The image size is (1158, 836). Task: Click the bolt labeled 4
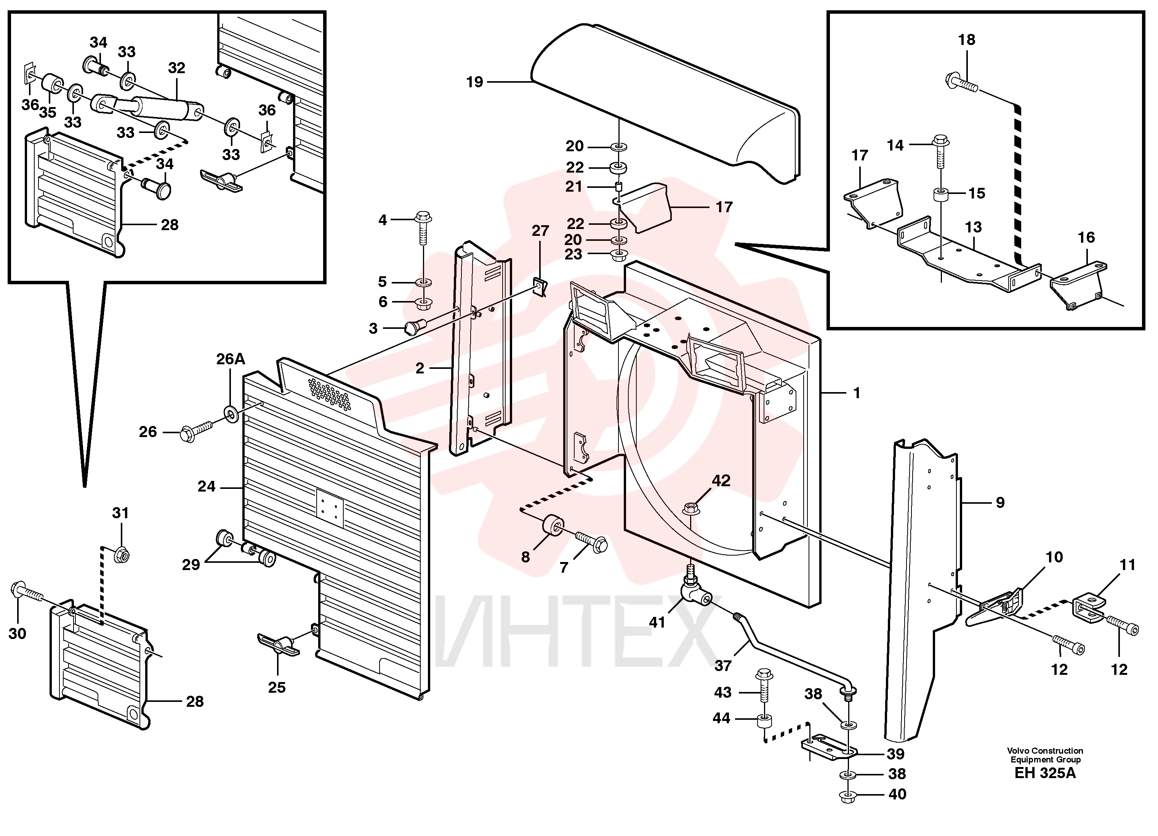pos(423,228)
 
